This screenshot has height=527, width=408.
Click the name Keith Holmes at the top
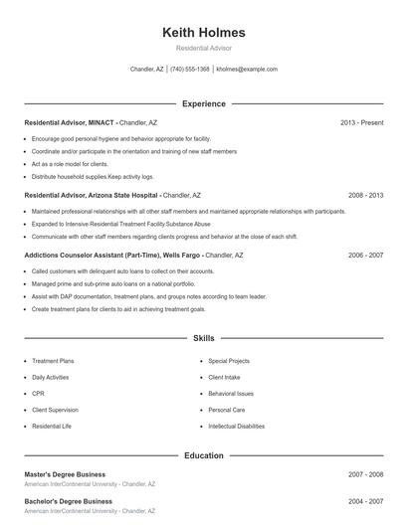[203, 33]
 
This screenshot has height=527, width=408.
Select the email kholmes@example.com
[247, 70]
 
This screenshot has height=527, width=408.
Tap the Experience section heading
[203, 103]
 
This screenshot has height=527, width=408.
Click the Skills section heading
[203, 339]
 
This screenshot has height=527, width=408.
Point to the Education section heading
[203, 455]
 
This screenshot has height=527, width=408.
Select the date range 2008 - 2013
[365, 196]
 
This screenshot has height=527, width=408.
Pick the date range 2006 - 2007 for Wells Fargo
[365, 255]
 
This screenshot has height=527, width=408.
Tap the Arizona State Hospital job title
[92, 196]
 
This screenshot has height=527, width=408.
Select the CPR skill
[39, 394]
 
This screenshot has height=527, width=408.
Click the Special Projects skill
[229, 361]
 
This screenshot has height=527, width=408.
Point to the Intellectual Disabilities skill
[236, 426]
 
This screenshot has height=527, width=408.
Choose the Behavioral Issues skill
[231, 394]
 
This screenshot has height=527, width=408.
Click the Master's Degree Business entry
[65, 474]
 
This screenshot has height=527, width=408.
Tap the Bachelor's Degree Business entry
[68, 501]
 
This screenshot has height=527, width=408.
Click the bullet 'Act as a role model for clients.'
[70, 163]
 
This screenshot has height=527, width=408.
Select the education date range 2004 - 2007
[365, 501]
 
